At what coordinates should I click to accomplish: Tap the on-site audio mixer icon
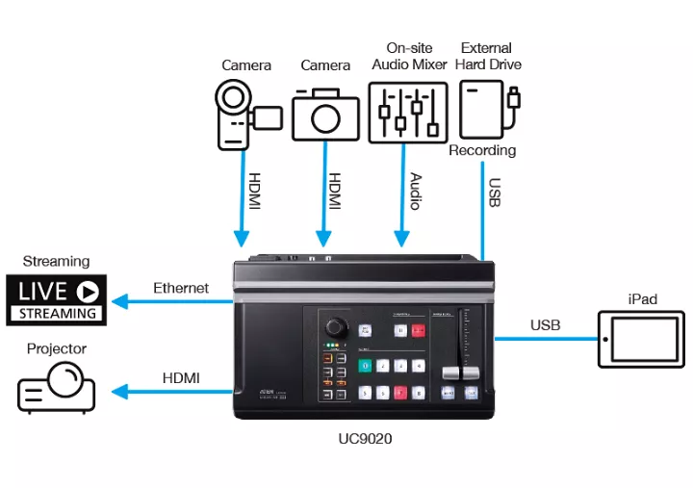(x=407, y=112)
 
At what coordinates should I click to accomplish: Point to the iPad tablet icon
(x=641, y=338)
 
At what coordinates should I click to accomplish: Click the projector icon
(x=57, y=388)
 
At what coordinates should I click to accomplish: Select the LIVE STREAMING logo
(x=57, y=299)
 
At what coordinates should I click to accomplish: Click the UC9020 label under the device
(x=366, y=439)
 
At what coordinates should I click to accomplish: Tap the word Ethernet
(x=181, y=287)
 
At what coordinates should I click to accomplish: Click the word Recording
(x=482, y=151)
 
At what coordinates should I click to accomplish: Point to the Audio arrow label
(x=415, y=191)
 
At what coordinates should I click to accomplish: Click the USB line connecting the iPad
(x=545, y=338)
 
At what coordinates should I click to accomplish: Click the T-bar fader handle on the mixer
(x=451, y=372)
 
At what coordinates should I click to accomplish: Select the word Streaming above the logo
(x=56, y=261)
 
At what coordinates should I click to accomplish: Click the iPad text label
(x=641, y=299)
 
